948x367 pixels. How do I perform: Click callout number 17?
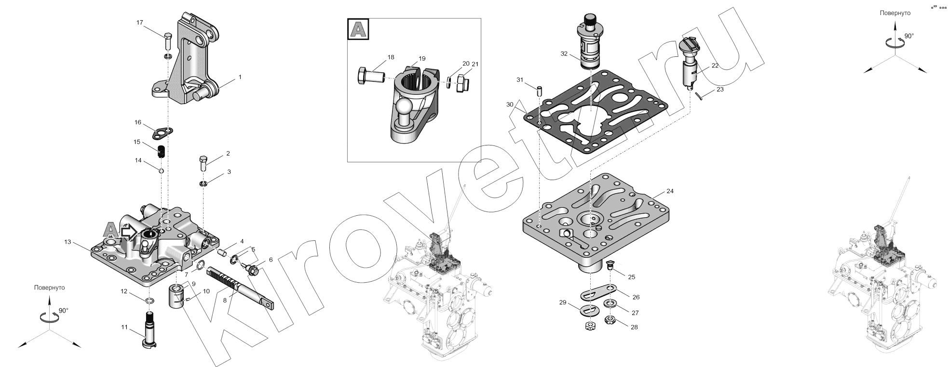(x=140, y=23)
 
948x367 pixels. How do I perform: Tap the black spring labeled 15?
(x=163, y=151)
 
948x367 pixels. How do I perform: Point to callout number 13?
(x=68, y=241)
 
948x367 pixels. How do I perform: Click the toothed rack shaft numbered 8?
(x=241, y=288)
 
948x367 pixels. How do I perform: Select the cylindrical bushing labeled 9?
(x=177, y=296)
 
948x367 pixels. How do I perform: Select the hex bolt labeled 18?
(x=370, y=77)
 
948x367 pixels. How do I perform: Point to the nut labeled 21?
(x=462, y=83)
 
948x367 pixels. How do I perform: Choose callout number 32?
(x=564, y=53)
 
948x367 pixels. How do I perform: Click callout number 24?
(x=670, y=191)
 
